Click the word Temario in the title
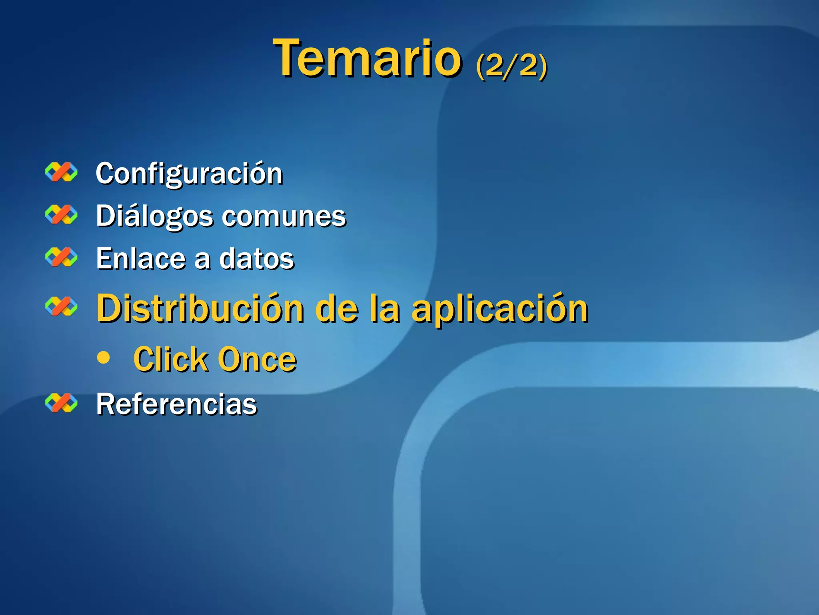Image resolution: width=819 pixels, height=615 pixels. point(367,58)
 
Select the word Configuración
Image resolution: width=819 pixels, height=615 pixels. point(189,174)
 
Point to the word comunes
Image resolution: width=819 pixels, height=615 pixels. point(284,217)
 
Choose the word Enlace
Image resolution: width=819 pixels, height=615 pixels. point(140,259)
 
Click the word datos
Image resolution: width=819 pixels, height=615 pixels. point(257,259)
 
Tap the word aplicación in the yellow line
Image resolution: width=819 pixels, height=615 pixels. point(500,310)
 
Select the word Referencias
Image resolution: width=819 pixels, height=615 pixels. point(176,404)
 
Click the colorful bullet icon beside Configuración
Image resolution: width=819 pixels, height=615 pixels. point(61,172)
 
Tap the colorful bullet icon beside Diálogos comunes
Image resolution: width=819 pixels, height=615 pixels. point(61,215)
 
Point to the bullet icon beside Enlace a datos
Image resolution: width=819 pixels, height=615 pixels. point(61,257)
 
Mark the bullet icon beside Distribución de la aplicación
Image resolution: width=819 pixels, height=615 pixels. point(61,307)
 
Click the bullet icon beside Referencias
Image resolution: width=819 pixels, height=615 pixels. point(61,403)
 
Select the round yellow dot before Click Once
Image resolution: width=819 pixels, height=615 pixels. point(104,357)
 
